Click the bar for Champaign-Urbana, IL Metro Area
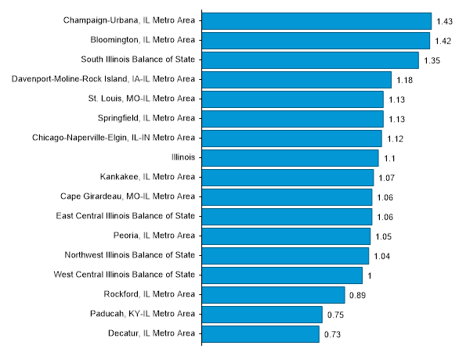[316, 20]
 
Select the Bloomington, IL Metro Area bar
[316, 40]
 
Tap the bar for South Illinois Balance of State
[310, 59]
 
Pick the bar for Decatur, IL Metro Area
[261, 334]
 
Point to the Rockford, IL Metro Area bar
[273, 295]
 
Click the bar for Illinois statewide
[290, 157]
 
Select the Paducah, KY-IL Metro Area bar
[262, 315]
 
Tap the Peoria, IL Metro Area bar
[286, 236]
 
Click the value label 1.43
[444, 21]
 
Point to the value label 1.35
[432, 60]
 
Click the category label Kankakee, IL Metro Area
[147, 177]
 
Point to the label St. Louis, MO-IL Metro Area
[142, 99]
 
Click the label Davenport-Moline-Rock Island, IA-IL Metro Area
[104, 79]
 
